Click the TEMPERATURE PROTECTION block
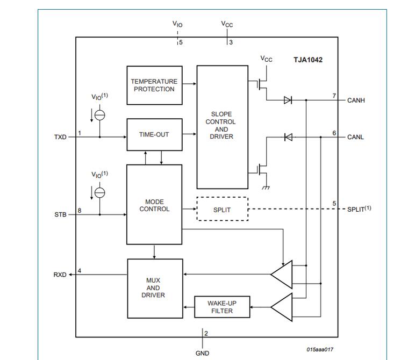[154, 85]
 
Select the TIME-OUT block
[154, 134]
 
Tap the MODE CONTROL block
[154, 205]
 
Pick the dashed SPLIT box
[222, 209]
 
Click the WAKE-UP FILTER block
[221, 307]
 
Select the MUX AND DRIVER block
[153, 287]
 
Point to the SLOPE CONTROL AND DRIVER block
[221, 126]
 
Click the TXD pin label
[60, 137]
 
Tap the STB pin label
[60, 214]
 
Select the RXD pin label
[60, 275]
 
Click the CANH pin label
[356, 100]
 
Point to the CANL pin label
[355, 137]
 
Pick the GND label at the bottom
[202, 353]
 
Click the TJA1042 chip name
[307, 60]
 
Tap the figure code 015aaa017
[320, 349]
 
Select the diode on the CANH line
[288, 100]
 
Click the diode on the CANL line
[288, 137]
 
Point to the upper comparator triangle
[282, 275]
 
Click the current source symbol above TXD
[99, 115]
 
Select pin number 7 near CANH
[334, 96]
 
